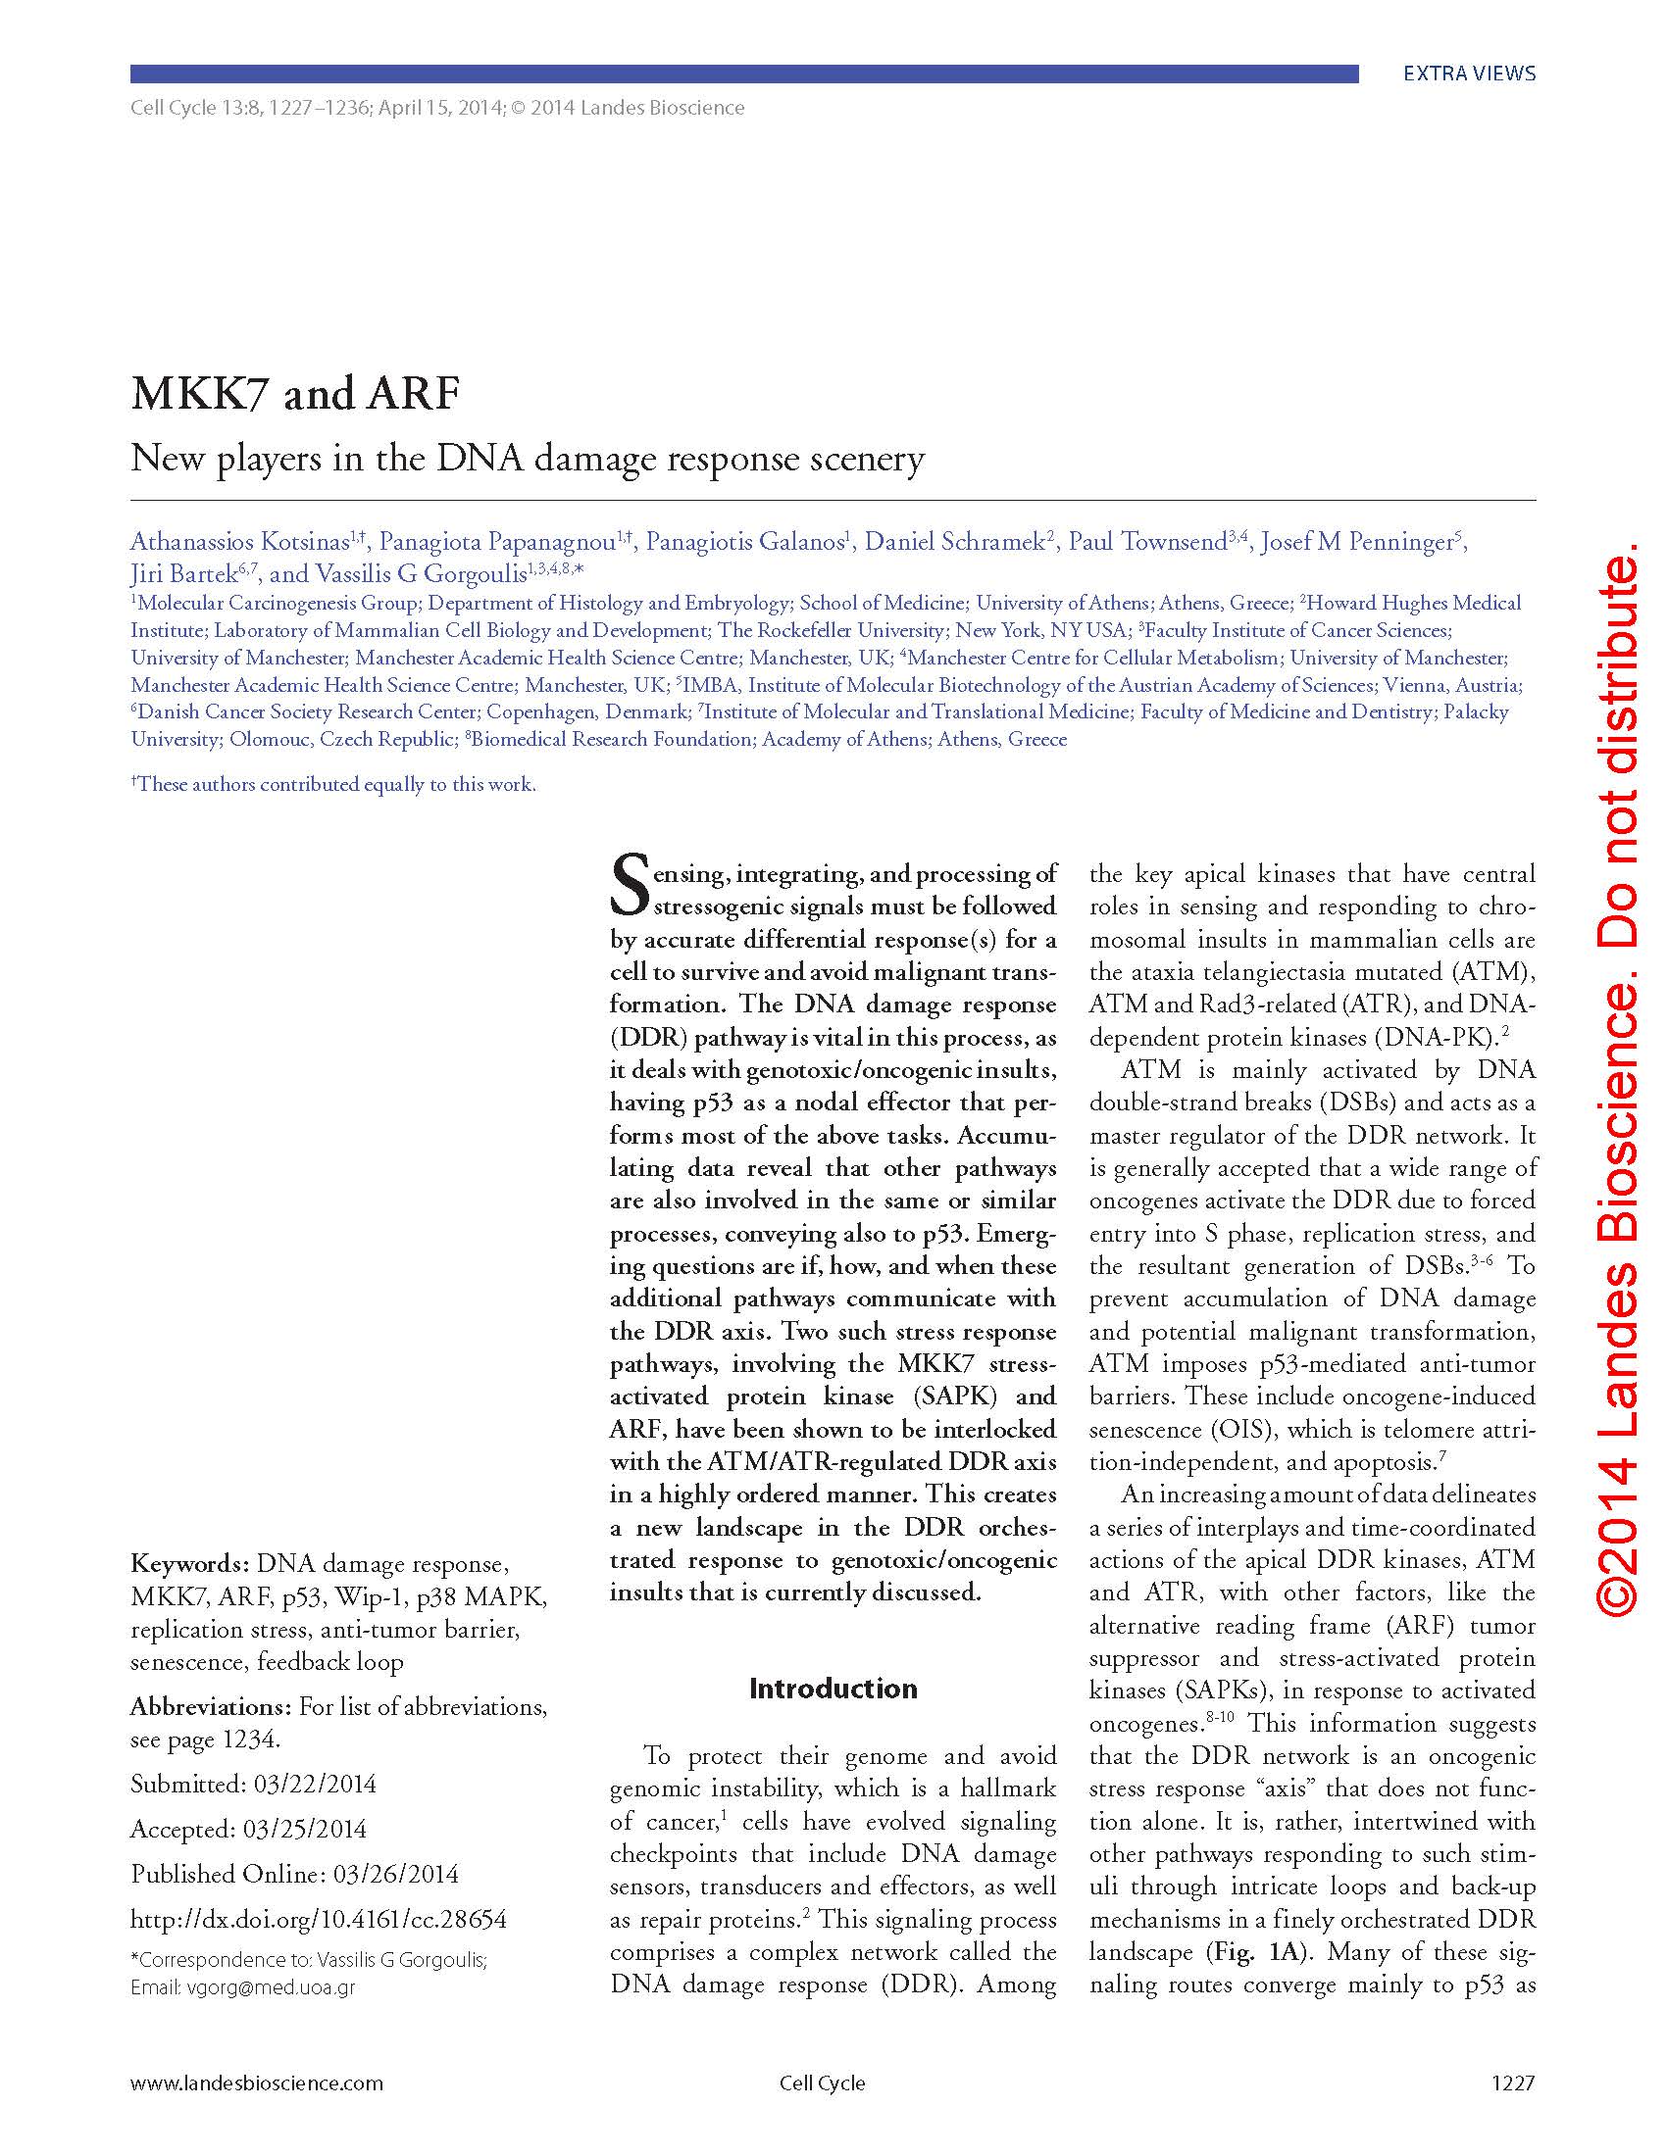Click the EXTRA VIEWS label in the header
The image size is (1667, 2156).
[1469, 74]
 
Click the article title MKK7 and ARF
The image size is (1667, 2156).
[295, 394]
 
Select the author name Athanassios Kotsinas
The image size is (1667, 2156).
[240, 542]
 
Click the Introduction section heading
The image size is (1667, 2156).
[833, 1689]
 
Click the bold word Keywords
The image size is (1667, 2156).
[188, 1565]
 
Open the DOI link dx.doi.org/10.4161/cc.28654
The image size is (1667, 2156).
[318, 1920]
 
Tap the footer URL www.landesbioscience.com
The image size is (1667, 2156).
[256, 2083]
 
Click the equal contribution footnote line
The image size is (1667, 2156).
[332, 785]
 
